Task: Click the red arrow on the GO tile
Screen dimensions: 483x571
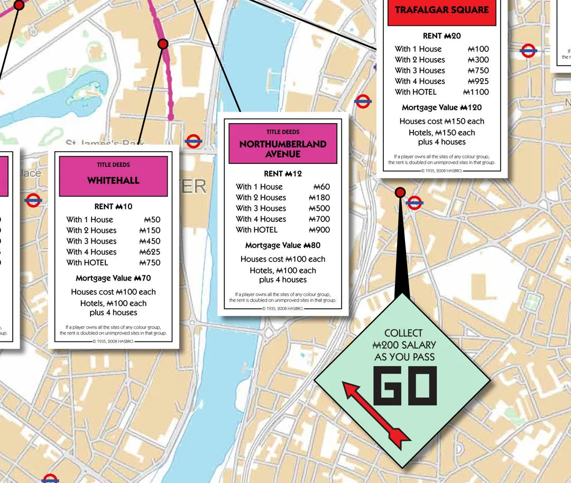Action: point(376,412)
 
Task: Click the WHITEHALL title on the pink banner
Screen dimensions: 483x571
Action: point(113,181)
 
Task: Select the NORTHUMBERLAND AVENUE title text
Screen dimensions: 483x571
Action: point(283,149)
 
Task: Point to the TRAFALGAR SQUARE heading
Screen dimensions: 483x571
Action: point(442,10)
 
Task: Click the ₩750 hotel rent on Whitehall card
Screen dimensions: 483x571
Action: point(150,263)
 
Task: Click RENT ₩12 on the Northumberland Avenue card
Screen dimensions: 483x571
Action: point(282,174)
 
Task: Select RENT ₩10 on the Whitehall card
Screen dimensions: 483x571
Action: point(113,206)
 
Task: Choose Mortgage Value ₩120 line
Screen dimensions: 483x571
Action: point(441,107)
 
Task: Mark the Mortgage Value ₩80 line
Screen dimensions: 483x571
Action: point(282,245)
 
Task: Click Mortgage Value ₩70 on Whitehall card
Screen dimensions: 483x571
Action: point(113,278)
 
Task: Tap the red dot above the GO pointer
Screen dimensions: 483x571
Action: point(400,192)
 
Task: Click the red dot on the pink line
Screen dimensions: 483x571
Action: point(163,44)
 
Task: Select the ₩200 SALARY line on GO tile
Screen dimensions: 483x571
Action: point(404,345)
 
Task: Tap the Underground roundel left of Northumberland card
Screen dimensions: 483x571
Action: point(194,141)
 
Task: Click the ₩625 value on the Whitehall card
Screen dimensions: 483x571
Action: point(150,252)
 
